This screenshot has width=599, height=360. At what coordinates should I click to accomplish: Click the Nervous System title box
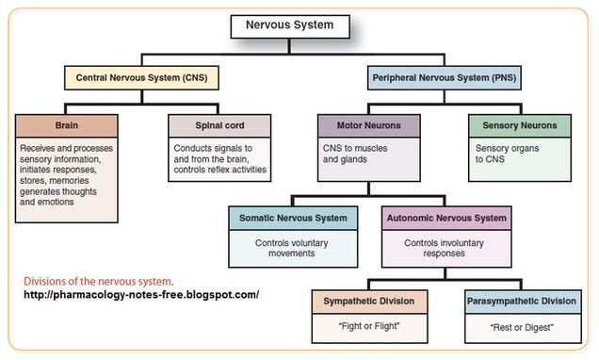point(291,25)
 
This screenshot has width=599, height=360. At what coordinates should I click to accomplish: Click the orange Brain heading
point(68,124)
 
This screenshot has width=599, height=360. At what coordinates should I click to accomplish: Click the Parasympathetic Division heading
point(520,302)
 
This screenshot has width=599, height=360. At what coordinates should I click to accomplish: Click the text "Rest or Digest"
point(521,326)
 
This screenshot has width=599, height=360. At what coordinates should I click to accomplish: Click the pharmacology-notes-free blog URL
point(141,295)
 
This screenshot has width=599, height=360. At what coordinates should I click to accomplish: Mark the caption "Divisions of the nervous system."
point(99,280)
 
